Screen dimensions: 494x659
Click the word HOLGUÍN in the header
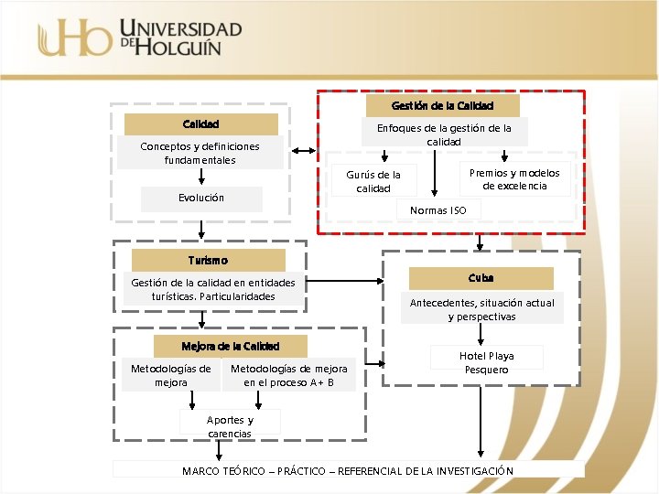tap(179, 47)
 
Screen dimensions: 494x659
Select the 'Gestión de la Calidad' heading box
tap(442, 105)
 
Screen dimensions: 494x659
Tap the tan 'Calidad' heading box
tap(200, 123)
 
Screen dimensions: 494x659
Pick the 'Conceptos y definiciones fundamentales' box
tap(200, 153)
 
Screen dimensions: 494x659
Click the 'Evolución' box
tap(201, 198)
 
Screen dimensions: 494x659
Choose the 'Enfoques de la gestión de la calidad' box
tap(444, 134)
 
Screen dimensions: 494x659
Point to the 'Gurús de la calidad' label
tap(373, 181)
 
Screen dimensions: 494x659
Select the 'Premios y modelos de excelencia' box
tap(514, 179)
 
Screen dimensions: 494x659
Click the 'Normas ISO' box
tap(438, 210)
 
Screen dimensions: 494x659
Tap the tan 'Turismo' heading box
tap(208, 261)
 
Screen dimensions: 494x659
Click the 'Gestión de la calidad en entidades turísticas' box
tap(213, 289)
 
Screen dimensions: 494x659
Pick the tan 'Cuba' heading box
tap(481, 277)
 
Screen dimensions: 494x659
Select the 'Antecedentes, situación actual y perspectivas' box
tap(481, 309)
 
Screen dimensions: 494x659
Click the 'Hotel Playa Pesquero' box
tap(487, 362)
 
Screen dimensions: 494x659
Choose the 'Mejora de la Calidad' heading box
tap(230, 346)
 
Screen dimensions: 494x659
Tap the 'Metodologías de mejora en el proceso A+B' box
tap(288, 375)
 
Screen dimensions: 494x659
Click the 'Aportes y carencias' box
tap(230, 426)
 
